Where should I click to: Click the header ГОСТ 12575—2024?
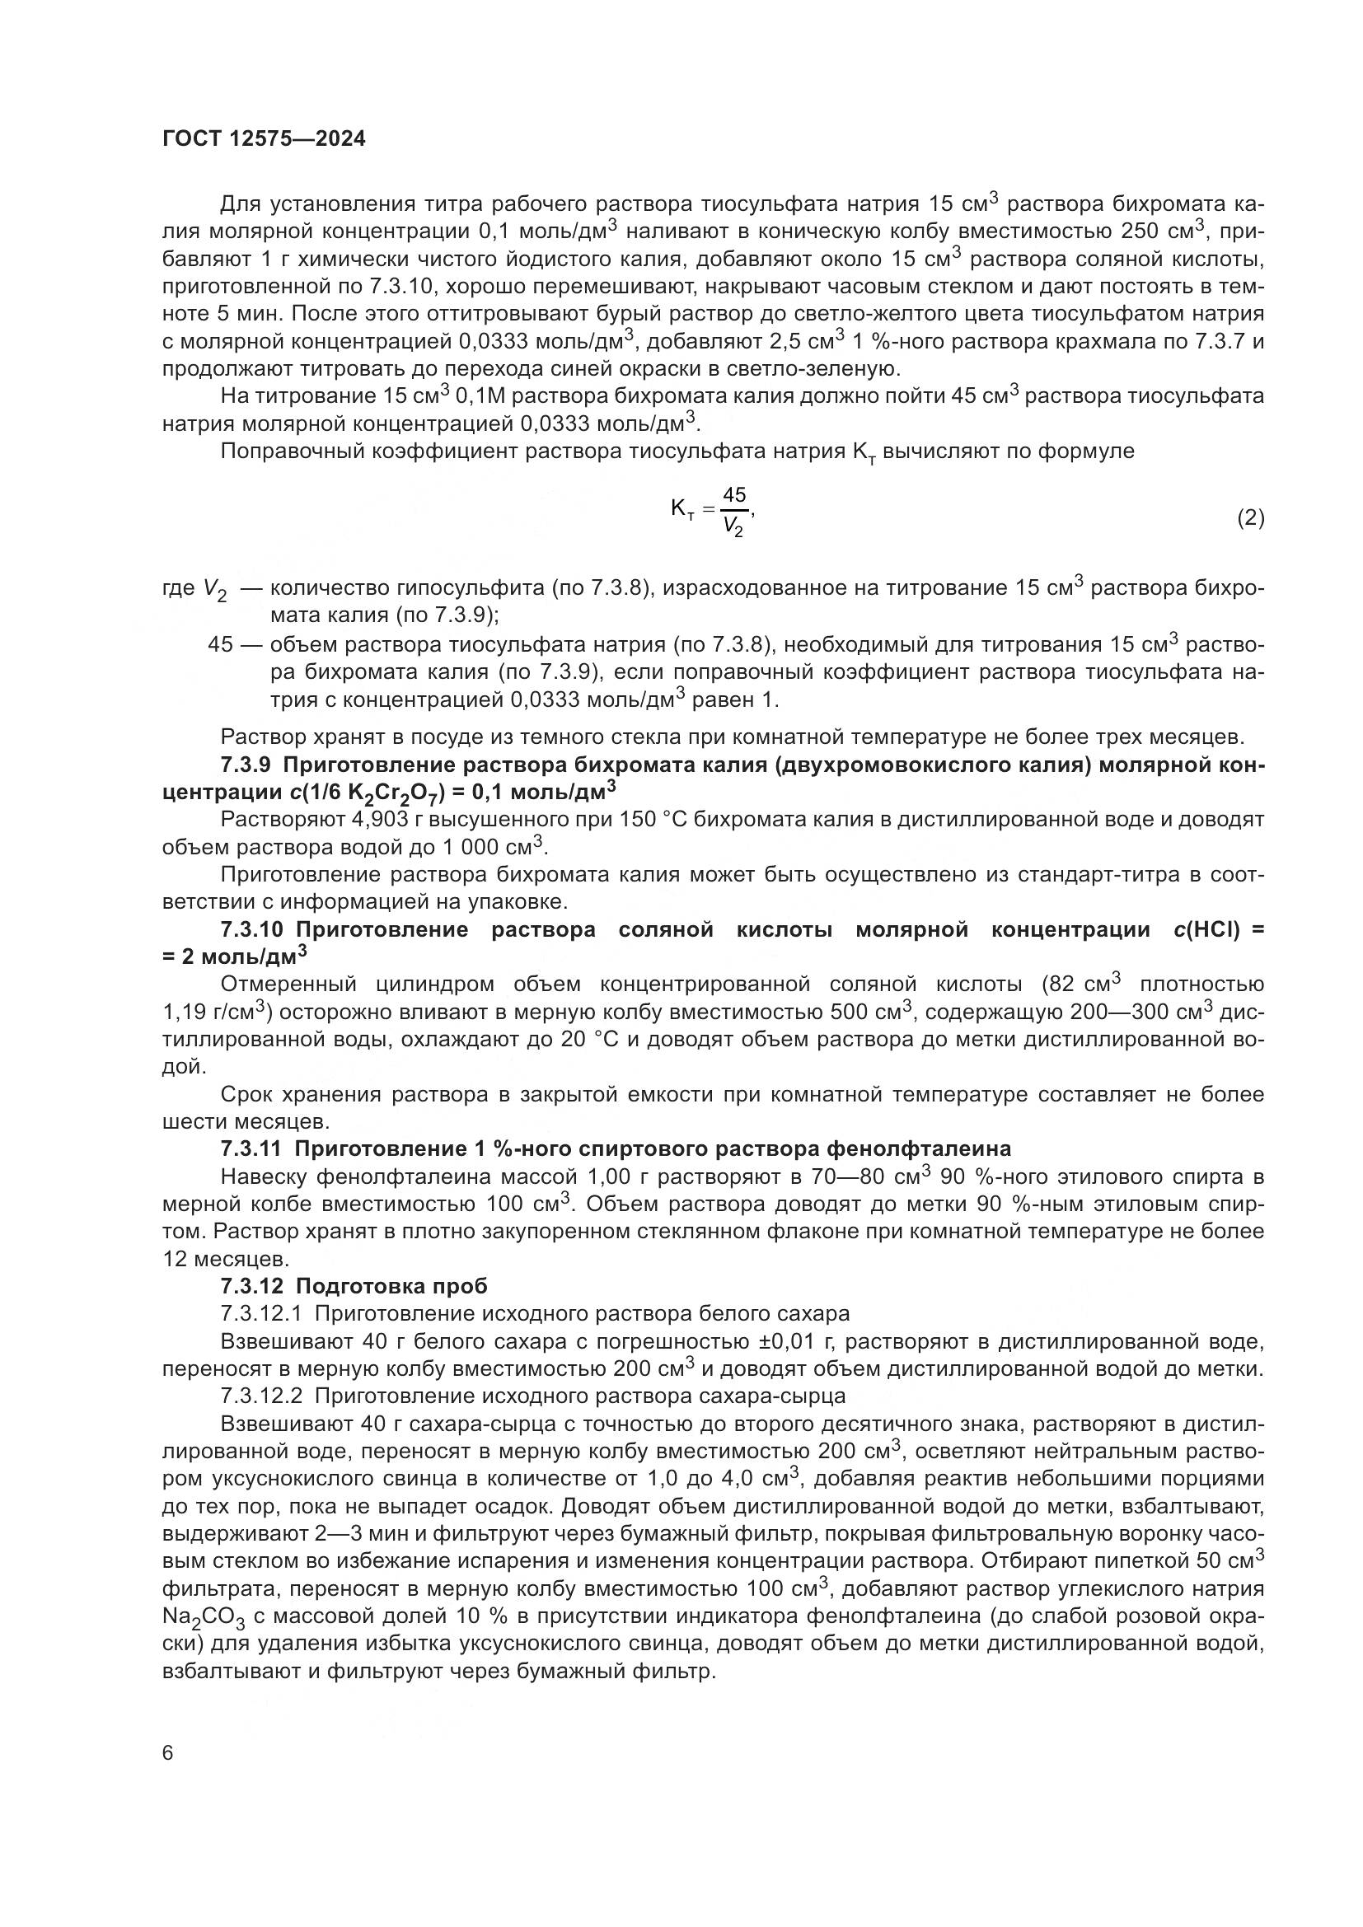tap(264, 139)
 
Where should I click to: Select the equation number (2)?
tap(1250, 518)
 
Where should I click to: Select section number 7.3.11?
tap(251, 1148)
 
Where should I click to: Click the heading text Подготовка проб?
tap(391, 1286)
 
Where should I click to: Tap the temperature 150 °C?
tap(625, 819)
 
